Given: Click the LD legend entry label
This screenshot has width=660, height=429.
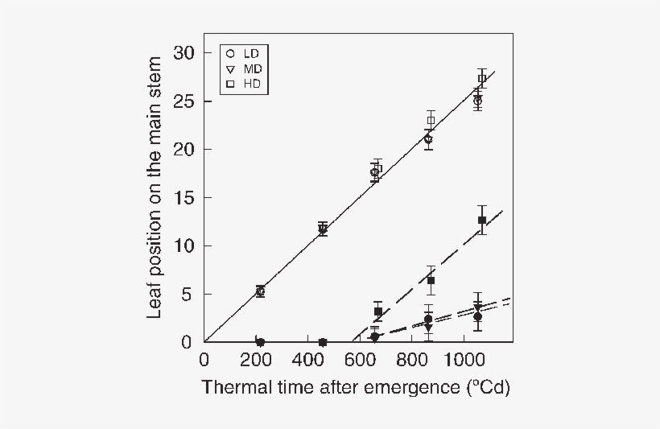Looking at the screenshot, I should [251, 54].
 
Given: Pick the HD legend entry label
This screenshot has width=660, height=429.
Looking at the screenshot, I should [252, 84].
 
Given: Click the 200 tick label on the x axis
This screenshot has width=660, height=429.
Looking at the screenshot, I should [256, 358].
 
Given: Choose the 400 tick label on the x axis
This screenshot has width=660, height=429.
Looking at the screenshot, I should [308, 358].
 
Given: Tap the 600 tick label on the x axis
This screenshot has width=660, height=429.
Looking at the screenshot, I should [360, 358].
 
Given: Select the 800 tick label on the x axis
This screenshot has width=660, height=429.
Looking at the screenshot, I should [412, 358].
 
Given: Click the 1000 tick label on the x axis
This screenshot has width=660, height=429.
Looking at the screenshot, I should [464, 358].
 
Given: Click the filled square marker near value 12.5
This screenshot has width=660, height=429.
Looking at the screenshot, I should [482, 220].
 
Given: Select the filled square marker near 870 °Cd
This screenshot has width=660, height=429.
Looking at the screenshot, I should [431, 280].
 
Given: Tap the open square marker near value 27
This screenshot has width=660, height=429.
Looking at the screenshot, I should [481, 79].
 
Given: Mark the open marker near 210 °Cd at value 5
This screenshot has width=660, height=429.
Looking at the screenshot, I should [260, 291].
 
